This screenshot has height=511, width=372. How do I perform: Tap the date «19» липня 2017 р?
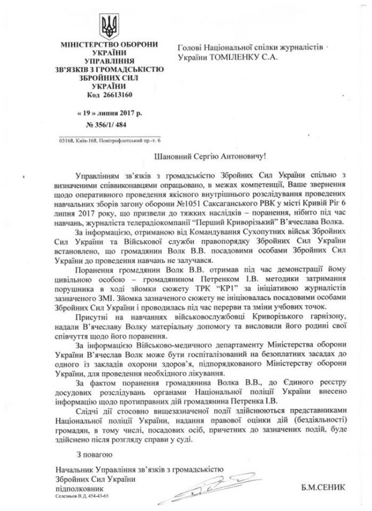tap(106, 115)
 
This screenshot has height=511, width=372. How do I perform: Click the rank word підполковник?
tap(74, 487)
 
